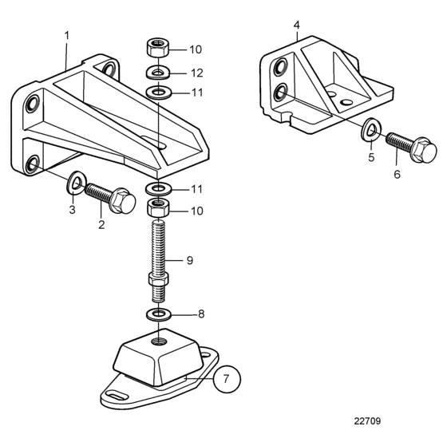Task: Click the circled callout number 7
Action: (x=227, y=379)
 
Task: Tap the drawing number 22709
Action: (x=367, y=421)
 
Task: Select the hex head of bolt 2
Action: (x=123, y=200)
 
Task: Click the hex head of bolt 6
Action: (x=424, y=150)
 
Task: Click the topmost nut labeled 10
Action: (x=157, y=48)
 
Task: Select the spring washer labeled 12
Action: (x=158, y=73)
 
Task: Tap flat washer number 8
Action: (x=159, y=314)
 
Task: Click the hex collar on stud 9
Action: (x=159, y=279)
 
